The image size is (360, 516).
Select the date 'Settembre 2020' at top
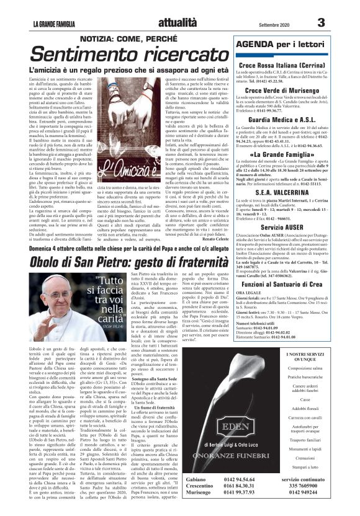pos(270,24)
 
